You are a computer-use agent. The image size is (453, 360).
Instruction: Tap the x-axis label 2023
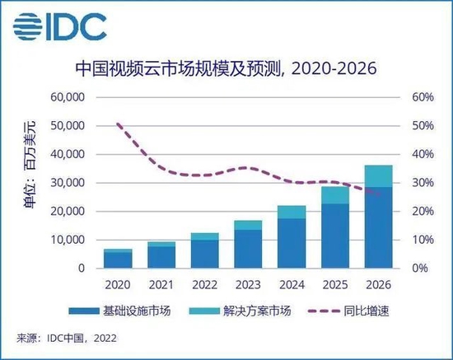pyautogui.click(x=248, y=286)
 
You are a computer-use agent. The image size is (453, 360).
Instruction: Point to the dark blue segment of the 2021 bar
pyautogui.click(x=162, y=257)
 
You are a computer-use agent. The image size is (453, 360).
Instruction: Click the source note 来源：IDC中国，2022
pyautogui.click(x=67, y=338)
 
